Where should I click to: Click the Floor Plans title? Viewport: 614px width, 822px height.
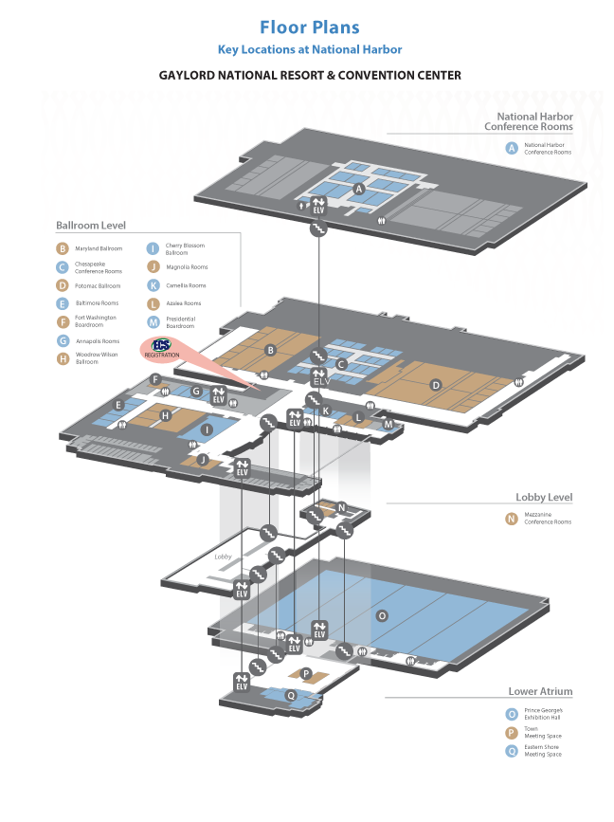[309, 28]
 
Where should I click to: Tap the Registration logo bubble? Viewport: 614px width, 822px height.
[161, 349]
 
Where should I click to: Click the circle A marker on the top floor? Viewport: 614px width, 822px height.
[358, 190]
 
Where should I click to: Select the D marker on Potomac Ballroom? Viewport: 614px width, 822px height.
[435, 385]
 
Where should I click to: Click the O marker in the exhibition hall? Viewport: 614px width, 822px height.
[382, 615]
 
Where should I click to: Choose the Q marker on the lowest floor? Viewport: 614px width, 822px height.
[291, 696]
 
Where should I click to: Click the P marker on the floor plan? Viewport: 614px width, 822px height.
[306, 672]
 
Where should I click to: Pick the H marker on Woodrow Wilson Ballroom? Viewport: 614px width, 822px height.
[165, 415]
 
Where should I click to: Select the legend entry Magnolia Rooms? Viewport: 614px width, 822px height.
[187, 267]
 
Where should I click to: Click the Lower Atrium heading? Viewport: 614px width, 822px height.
[540, 691]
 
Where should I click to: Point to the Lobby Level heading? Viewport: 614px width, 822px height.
[543, 497]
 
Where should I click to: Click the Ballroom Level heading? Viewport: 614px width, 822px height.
[91, 226]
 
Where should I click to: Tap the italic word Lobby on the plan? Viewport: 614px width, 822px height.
[224, 557]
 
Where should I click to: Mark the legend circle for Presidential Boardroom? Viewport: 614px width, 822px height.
[153, 322]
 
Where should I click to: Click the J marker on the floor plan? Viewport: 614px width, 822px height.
[202, 460]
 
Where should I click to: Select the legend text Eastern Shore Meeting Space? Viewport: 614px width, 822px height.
[543, 750]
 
